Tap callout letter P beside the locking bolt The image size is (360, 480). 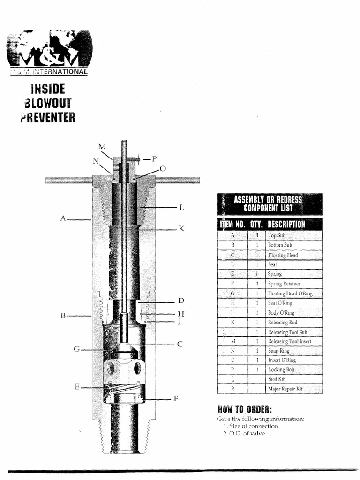coord(154,159)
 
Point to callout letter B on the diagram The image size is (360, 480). coord(63,316)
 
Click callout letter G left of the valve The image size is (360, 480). coord(76,349)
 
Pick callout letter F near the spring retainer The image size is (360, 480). coord(176,399)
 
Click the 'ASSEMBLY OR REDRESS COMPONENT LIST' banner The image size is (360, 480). coord(269,204)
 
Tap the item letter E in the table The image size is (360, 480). coord(232,274)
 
